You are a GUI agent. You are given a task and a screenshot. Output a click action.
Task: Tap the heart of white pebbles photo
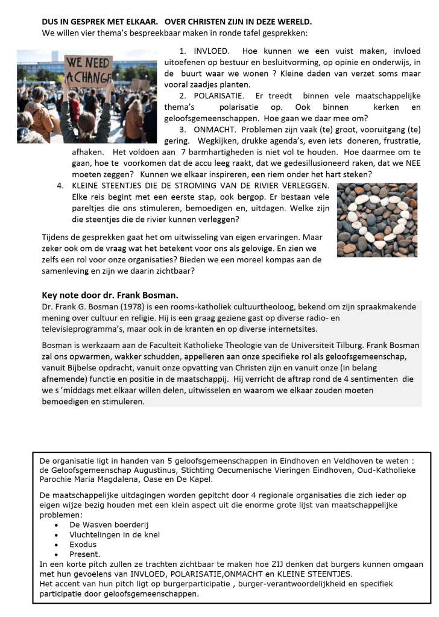click(x=377, y=220)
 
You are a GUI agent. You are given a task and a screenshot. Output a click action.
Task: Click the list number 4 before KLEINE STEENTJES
click(x=60, y=185)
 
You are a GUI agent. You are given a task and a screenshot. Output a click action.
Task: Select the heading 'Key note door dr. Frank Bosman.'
click(x=110, y=295)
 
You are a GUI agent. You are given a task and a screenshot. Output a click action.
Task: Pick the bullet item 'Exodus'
click(x=83, y=544)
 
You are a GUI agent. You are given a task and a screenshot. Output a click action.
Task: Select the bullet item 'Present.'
click(x=85, y=554)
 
